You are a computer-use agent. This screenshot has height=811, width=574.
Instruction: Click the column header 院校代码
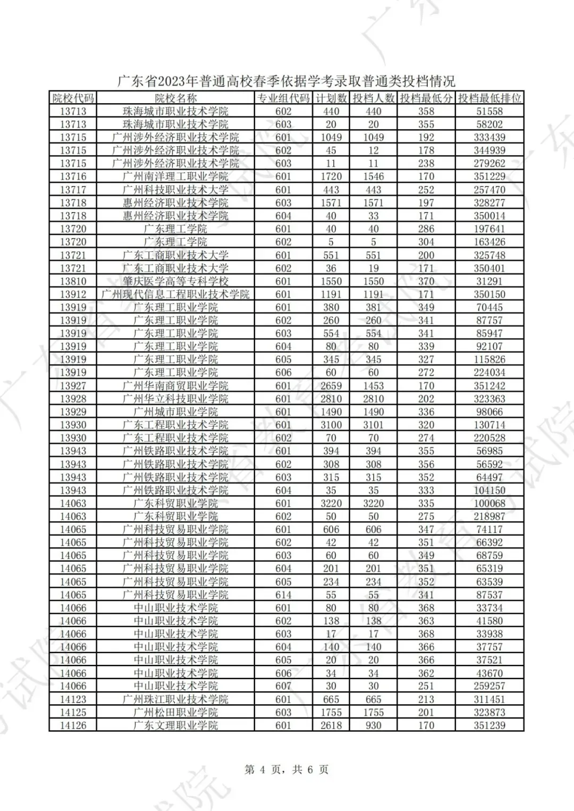click(x=73, y=98)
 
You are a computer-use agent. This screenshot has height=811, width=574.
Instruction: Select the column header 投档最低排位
click(x=489, y=98)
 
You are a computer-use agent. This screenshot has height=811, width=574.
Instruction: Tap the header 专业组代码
click(x=283, y=98)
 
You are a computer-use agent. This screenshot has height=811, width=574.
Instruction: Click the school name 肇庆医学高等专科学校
click(x=175, y=281)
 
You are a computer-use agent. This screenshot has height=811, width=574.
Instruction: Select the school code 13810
click(x=73, y=281)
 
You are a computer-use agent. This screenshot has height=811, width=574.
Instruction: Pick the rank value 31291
click(x=489, y=281)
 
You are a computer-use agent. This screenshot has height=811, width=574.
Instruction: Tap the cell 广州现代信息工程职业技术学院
click(x=175, y=294)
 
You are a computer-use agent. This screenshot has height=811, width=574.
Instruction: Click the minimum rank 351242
click(x=489, y=386)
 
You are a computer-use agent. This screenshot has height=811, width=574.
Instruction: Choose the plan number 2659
click(x=331, y=386)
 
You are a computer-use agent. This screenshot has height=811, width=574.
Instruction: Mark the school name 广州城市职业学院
click(x=175, y=412)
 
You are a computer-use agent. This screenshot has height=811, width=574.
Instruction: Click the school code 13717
click(x=73, y=190)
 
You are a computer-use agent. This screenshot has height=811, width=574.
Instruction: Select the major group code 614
click(x=283, y=595)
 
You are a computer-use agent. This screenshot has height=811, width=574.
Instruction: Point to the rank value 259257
click(x=489, y=686)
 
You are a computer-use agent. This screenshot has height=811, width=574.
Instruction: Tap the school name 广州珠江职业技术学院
click(x=175, y=699)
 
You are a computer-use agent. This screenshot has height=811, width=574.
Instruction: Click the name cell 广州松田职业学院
click(x=175, y=712)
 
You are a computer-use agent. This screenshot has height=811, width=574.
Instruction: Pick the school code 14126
click(x=73, y=725)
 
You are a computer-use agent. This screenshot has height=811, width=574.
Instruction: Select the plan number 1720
click(x=331, y=176)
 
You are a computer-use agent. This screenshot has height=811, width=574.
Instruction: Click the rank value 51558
click(x=489, y=111)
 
